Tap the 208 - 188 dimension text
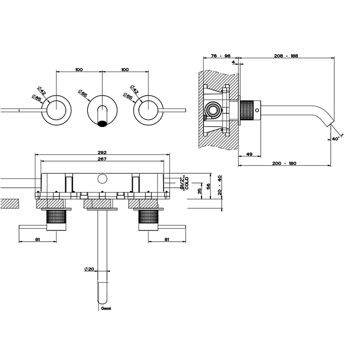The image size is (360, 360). click(287, 57)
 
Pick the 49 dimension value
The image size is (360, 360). click(248, 154)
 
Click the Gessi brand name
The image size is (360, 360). click(103, 308)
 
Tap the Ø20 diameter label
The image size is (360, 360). click(88, 268)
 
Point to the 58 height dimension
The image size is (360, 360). click(208, 186)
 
